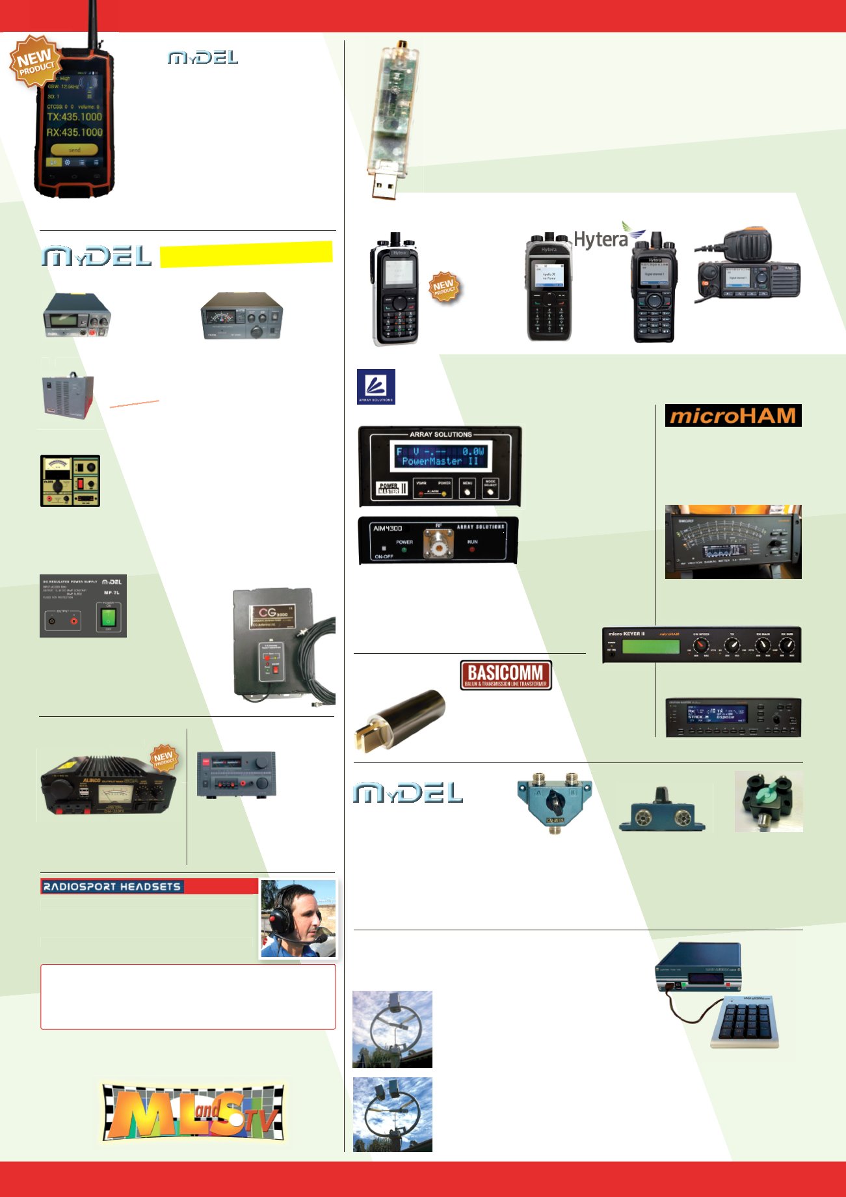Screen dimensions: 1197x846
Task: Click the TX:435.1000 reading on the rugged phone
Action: (x=74, y=117)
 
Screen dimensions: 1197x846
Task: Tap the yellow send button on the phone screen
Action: (x=74, y=150)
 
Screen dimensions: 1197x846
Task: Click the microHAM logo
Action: (x=733, y=415)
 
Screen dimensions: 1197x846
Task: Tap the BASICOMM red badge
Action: (x=506, y=675)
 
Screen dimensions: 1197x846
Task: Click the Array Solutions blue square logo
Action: (x=376, y=386)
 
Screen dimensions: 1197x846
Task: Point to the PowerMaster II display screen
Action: (x=440, y=456)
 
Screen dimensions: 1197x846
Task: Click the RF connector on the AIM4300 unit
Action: (x=438, y=544)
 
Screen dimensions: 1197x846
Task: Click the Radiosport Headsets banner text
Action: (x=112, y=886)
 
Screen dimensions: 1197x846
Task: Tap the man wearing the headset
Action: (x=298, y=918)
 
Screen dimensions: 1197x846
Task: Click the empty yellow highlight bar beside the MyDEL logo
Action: (x=246, y=254)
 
